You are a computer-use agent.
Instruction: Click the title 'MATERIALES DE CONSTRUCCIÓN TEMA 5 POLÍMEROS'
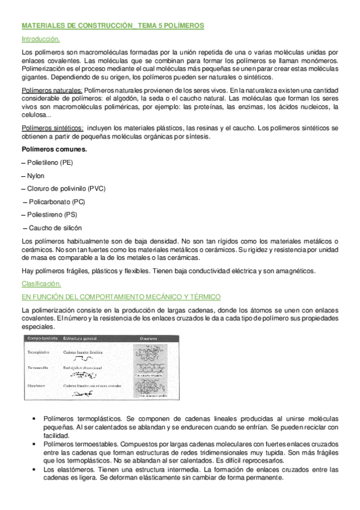[x=112, y=26]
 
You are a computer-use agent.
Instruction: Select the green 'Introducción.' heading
[x=40, y=39]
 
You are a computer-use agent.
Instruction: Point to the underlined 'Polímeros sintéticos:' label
[x=52, y=128]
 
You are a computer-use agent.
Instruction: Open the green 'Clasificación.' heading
[x=41, y=284]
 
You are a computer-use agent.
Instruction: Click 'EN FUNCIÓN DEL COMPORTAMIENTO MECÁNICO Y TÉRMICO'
[x=121, y=297]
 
